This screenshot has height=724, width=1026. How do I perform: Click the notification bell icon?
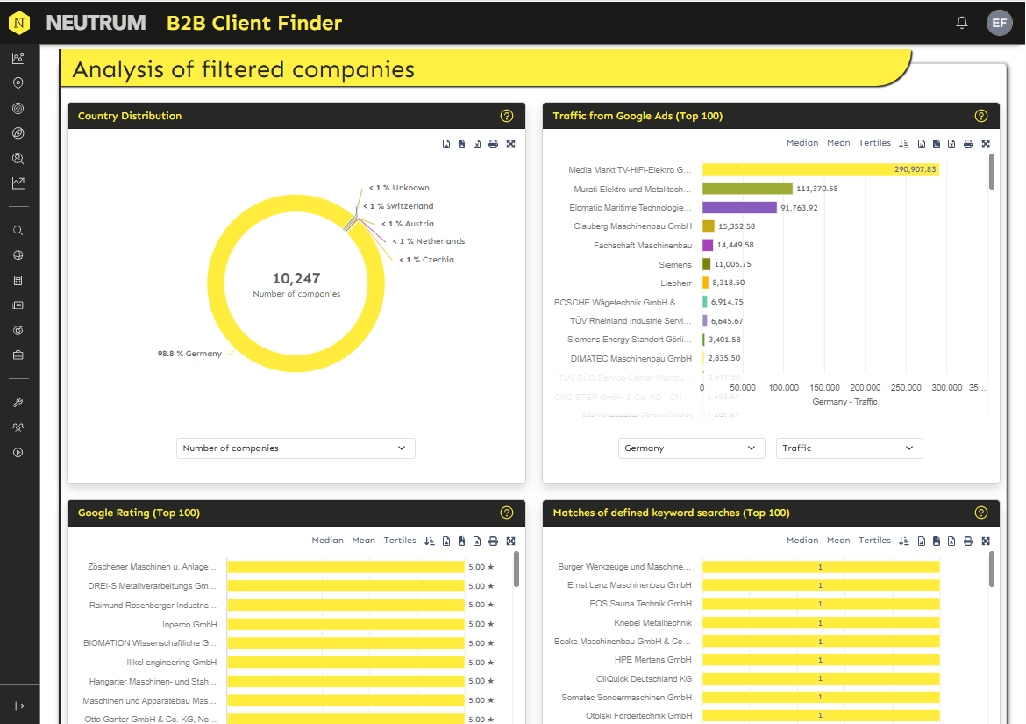tap(962, 23)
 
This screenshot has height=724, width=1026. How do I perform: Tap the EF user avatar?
tap(1000, 23)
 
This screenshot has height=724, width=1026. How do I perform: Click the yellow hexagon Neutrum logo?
tap(19, 23)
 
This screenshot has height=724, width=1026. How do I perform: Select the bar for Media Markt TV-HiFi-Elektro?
tap(820, 169)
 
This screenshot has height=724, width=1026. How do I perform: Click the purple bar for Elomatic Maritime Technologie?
tap(739, 208)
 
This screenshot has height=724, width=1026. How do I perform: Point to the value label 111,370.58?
tap(816, 189)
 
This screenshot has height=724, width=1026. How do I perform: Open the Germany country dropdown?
tap(690, 448)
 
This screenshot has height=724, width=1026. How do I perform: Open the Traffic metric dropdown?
tap(849, 448)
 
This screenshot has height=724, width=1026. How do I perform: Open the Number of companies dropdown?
tap(296, 448)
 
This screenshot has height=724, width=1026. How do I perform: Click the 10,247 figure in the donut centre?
tap(296, 279)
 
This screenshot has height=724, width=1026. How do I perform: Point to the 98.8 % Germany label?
tap(189, 354)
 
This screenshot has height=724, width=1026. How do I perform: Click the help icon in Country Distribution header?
tap(506, 116)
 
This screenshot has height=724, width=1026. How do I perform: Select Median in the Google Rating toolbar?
tap(327, 541)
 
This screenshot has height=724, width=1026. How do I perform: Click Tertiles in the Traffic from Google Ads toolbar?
tap(874, 143)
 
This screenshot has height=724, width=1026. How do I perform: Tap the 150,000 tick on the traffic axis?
tap(824, 387)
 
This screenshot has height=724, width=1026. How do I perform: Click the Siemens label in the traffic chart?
tap(675, 264)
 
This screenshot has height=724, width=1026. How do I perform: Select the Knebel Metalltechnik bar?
tap(820, 622)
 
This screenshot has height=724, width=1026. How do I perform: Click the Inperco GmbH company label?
tap(189, 624)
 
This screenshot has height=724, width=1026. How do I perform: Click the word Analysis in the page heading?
tap(118, 69)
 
